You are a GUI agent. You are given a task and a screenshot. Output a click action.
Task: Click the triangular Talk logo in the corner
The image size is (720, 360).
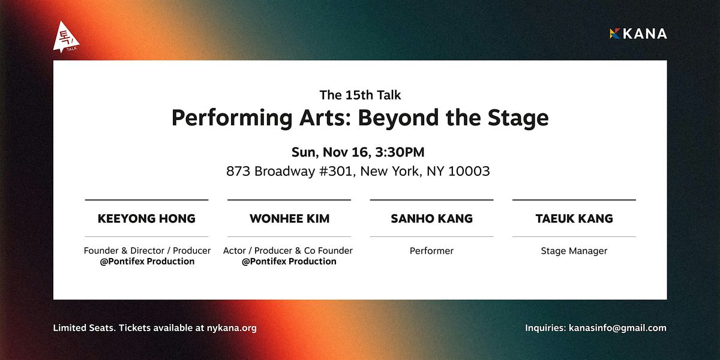65,37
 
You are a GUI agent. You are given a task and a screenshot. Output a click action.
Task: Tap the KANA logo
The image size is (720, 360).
638,34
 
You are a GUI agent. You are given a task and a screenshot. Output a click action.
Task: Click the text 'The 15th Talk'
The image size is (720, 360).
360,95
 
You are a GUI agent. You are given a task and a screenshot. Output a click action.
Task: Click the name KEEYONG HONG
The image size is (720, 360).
146,218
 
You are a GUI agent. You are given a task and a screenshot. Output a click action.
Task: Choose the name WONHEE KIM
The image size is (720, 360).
289,218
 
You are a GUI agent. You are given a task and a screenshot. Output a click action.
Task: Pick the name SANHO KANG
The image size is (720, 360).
431,218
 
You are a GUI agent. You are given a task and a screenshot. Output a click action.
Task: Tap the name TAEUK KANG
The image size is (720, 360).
574,218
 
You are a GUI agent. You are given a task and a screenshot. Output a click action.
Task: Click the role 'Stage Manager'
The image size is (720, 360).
574,251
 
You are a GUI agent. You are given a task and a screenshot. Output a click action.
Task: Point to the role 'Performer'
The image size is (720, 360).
431,251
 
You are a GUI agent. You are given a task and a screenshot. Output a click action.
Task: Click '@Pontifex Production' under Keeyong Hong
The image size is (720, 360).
147,262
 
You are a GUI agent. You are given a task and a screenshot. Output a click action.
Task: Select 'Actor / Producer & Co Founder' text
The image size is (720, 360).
288,251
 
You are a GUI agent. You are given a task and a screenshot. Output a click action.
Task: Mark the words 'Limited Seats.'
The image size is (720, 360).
84,328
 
